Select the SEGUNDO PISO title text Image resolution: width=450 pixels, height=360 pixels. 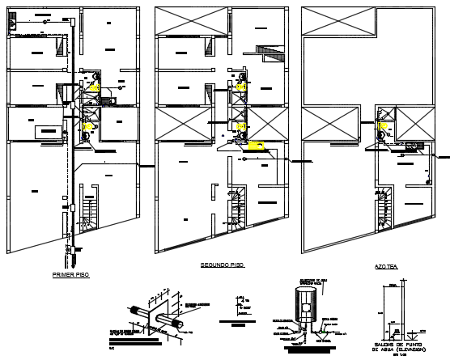pos(222,265)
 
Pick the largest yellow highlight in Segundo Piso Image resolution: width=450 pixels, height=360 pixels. pos(258,146)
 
